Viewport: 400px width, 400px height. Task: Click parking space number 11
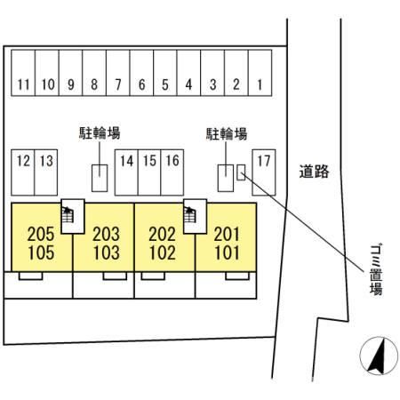pos(23,73)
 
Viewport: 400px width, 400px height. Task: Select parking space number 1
pos(260,73)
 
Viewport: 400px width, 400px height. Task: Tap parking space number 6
pos(141,73)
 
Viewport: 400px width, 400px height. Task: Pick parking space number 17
pos(264,172)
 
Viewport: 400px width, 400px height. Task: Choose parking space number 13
pos(46,172)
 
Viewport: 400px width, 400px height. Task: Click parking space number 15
pos(149,172)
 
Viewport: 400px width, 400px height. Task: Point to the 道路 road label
pos(314,172)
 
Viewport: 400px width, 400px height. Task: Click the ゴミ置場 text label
pos(376,269)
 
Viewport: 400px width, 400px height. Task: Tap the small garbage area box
pos(241,172)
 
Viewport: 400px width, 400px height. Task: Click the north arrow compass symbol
pos(379,356)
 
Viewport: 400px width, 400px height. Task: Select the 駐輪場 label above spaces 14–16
pos(100,133)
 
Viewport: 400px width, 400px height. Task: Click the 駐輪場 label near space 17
pos(227,134)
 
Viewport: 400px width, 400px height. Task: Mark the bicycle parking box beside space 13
pos(100,178)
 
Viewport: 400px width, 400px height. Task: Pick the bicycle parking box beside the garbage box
pos(226,178)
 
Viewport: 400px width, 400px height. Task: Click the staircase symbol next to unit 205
pos(68,215)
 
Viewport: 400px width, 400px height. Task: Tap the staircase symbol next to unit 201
pos(190,215)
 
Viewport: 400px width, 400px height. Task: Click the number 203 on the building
pos(107,234)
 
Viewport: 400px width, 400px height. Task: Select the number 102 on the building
pos(163,252)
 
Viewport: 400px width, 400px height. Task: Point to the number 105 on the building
pos(41,252)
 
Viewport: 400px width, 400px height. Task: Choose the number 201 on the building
pos(227,234)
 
